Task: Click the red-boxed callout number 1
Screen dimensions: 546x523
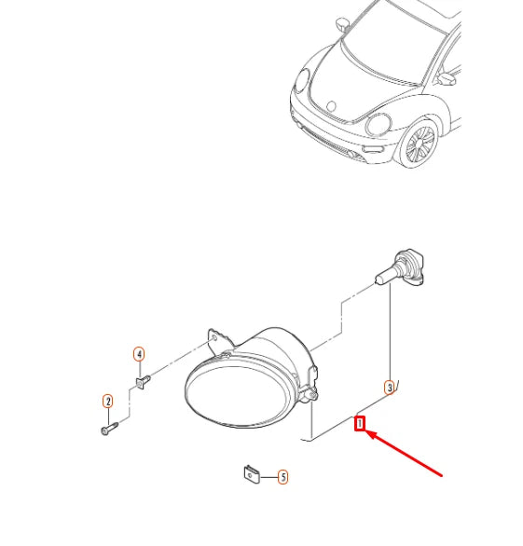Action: coord(360,426)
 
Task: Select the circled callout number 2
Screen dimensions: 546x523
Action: coord(107,402)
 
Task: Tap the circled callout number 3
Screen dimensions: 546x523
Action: coord(390,386)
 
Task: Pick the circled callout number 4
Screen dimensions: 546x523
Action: coord(138,354)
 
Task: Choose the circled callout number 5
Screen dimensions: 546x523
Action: coord(282,477)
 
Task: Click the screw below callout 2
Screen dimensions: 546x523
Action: coord(108,429)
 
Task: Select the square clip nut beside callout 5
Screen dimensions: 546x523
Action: coord(250,473)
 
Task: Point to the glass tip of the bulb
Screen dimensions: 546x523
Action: coord(380,276)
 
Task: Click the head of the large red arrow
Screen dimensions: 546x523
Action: coord(372,434)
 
